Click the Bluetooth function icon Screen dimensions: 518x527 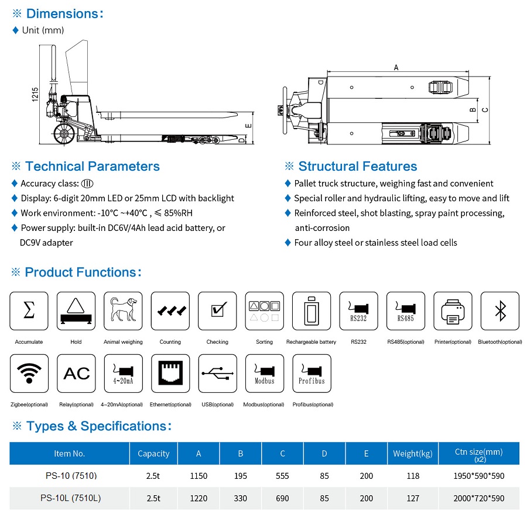tap(500, 312)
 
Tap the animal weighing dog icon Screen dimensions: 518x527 tap(123, 312)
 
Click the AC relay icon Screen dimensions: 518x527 tap(76, 374)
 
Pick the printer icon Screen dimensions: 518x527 tap(453, 312)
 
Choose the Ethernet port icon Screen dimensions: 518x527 tap(170, 374)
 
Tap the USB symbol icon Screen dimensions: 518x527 tap(217, 374)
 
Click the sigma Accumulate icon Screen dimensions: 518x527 tap(29, 312)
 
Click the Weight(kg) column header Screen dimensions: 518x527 tap(413, 454)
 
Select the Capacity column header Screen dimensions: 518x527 tap(153, 454)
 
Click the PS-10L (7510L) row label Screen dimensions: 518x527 tap(70, 498)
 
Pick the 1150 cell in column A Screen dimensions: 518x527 tap(199, 476)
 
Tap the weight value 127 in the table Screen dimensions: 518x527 tap(413, 498)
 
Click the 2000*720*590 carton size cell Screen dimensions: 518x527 tap(480, 498)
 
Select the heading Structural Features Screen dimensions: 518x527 tap(357, 167)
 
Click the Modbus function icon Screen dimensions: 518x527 tap(265, 374)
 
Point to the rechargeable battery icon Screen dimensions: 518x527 tap(312, 312)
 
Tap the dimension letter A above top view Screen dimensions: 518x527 tap(396, 68)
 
